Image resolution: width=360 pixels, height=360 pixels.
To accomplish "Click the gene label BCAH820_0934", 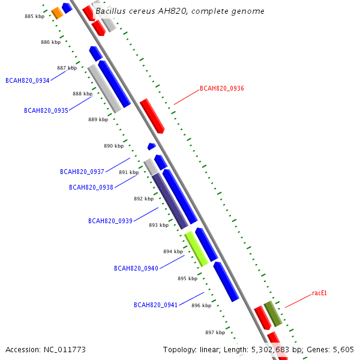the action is click(28, 80).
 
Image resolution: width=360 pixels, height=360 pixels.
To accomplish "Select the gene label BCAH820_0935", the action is click(46, 110).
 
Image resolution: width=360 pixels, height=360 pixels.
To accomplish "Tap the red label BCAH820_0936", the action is click(221, 89).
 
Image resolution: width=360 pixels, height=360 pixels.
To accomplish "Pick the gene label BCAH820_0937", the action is click(82, 172).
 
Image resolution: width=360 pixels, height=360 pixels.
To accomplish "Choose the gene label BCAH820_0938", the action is click(91, 187).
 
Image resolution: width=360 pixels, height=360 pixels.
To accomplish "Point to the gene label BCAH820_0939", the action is click(110, 221).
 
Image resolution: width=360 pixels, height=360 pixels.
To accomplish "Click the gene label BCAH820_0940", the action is click(136, 268).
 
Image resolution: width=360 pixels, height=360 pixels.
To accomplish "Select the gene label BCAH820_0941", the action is click(156, 305).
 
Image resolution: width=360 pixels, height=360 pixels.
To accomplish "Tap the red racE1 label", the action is click(319, 293).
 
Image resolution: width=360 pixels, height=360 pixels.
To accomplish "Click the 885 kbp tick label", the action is click(34, 16).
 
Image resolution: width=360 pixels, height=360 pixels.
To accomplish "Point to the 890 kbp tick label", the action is click(113, 146).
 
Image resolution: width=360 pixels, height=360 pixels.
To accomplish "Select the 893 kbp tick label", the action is click(158, 225).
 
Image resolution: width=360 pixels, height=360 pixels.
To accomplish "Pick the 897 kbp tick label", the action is click(215, 332).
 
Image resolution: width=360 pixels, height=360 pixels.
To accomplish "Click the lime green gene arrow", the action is click(196, 248).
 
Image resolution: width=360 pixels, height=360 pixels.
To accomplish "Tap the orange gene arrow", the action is click(57, 13).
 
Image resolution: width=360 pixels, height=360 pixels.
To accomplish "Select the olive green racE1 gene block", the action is click(273, 314).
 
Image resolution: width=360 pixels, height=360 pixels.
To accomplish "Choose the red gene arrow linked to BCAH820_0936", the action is click(152, 116).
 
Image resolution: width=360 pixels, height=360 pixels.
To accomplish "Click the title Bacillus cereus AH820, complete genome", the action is click(180, 11).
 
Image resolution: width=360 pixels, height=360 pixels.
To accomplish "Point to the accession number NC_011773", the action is click(46, 349).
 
